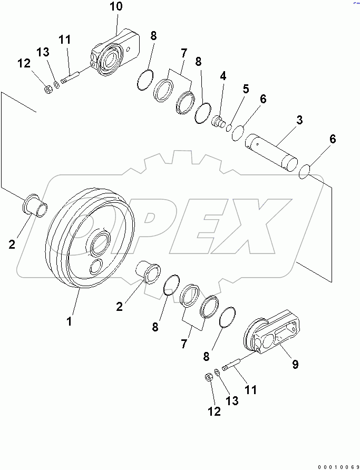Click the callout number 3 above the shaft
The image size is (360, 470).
tap(299, 120)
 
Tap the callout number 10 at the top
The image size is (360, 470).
tap(115, 7)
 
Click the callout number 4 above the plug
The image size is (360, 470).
tap(223, 76)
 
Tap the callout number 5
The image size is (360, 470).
tap(246, 90)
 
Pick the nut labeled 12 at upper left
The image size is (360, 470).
tap(47, 90)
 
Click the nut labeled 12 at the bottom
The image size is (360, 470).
tap(208, 378)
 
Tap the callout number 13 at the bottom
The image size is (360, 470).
tap(231, 401)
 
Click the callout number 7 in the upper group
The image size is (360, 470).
tap(183, 53)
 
